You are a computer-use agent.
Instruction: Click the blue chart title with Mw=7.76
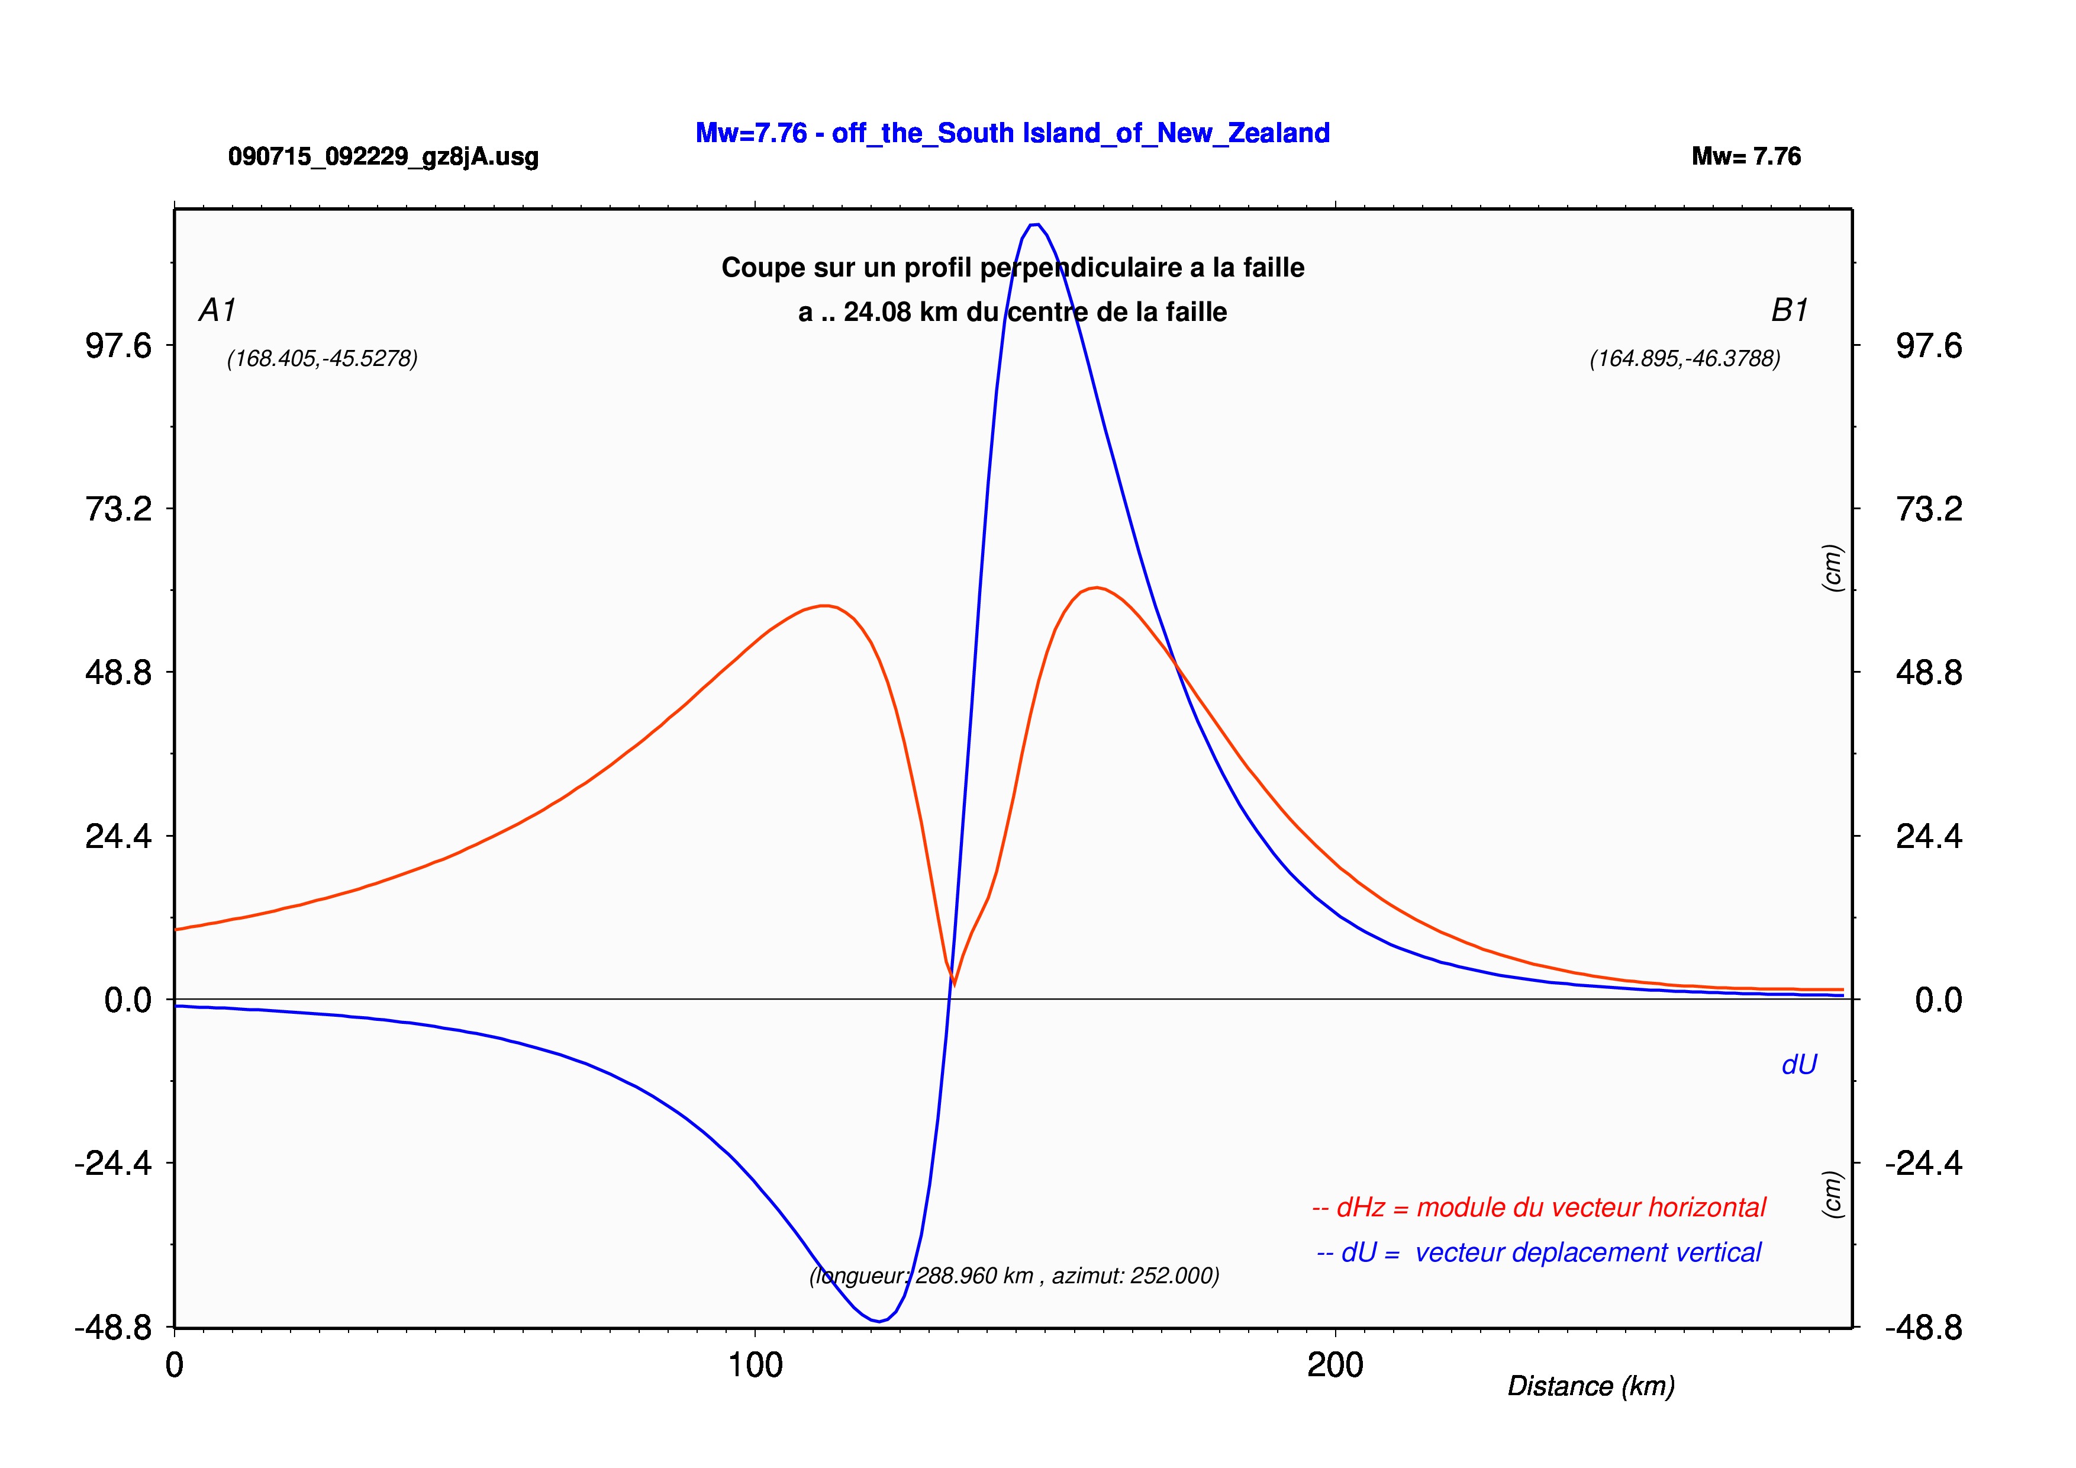pos(1012,133)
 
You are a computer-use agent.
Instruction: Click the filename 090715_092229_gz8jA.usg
pos(383,156)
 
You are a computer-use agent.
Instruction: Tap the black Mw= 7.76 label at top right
pos(1746,156)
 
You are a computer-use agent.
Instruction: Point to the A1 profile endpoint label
pos(217,310)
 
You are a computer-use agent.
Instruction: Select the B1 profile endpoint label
pos(1790,310)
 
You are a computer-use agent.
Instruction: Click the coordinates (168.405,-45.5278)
pos(322,359)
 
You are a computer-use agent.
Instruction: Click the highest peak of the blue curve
pos(1036,224)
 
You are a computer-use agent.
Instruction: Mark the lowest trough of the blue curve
pos(878,1322)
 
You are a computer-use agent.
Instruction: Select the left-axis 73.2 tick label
pos(118,509)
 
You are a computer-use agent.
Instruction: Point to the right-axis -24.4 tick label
pos(1923,1163)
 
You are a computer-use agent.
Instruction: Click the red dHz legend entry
pos(1538,1207)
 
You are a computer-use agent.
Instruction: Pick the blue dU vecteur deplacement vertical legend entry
pos(1539,1252)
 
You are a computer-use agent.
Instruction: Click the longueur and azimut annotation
pos(1014,1276)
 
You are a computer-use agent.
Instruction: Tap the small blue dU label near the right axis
pos(1798,1065)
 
